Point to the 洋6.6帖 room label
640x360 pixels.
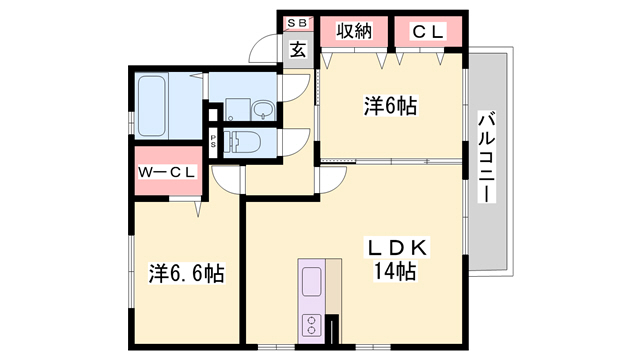187,272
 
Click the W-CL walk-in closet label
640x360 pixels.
167,173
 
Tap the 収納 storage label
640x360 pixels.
355,31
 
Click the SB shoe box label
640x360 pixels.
298,22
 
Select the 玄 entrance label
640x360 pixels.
298,49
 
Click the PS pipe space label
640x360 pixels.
213,140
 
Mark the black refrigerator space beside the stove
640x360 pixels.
333,329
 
